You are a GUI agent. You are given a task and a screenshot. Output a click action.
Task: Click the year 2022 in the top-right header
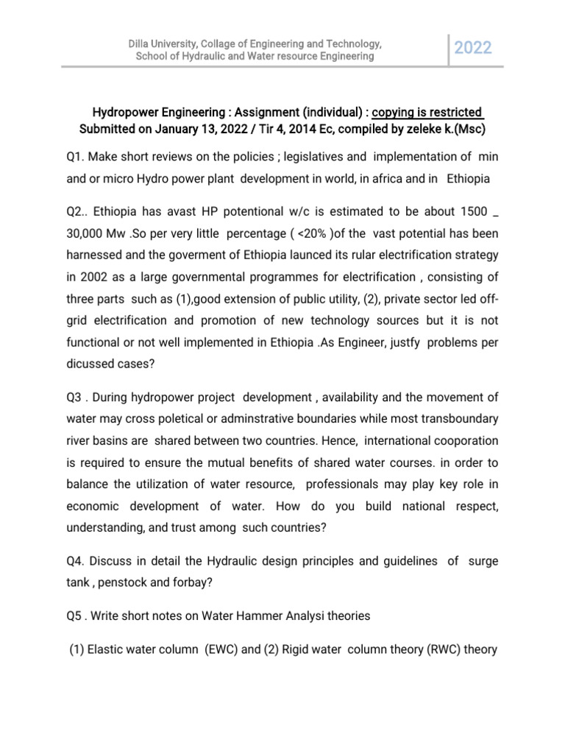click(x=472, y=49)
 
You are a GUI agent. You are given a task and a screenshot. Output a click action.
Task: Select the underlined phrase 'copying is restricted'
click(x=427, y=113)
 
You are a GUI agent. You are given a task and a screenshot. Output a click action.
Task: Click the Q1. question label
click(x=75, y=157)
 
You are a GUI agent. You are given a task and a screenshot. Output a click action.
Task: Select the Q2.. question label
click(x=77, y=213)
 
